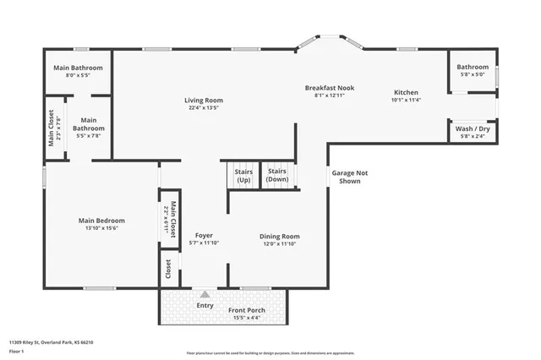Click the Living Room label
[x=204, y=101]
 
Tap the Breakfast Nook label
[x=329, y=87]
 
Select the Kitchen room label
[x=406, y=92]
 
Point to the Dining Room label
[x=280, y=236]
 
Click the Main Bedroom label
[x=101, y=221]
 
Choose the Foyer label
[x=204, y=235]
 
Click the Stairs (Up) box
[x=243, y=176]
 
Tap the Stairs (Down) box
[x=277, y=176]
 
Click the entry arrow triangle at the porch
[x=204, y=294]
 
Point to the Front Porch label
[x=246, y=310]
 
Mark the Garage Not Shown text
[x=349, y=177]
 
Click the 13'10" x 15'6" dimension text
[x=101, y=228]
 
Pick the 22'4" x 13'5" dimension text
[x=204, y=108]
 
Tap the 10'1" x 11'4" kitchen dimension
[x=406, y=100]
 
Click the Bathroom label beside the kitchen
[x=473, y=67]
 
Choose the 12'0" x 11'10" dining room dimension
[x=280, y=243]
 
